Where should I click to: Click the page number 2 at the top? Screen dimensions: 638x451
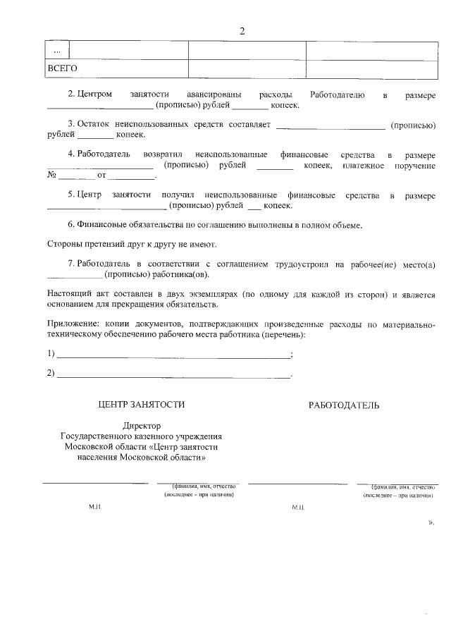point(241,30)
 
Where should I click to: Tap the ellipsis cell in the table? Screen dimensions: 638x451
point(57,51)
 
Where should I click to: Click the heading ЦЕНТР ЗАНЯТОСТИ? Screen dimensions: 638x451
point(142,405)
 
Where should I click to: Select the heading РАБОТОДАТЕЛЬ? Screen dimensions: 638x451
point(344,405)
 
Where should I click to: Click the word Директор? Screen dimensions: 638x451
point(142,426)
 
